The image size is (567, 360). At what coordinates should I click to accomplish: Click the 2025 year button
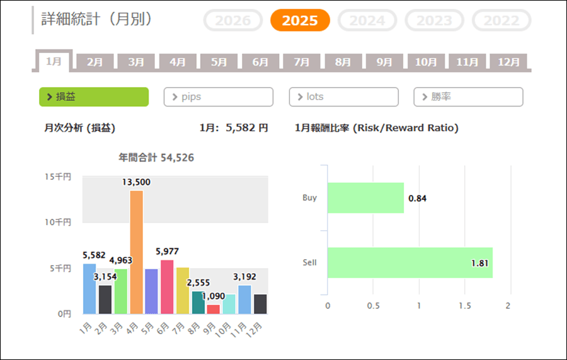[x=300, y=20]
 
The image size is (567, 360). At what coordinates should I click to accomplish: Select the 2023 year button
[x=434, y=20]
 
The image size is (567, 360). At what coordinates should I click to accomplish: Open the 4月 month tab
[x=178, y=62]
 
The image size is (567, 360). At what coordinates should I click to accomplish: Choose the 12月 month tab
[x=508, y=62]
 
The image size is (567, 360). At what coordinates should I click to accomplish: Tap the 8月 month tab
[x=343, y=62]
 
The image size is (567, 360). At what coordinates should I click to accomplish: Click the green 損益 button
[x=94, y=97]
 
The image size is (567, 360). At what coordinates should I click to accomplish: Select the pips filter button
[x=218, y=97]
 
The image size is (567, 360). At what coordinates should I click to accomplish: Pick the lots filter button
[x=343, y=97]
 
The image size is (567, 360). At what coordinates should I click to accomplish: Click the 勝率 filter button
[x=468, y=97]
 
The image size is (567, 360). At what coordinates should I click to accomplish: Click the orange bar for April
[x=136, y=252]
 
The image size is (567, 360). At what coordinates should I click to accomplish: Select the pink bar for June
[x=167, y=287]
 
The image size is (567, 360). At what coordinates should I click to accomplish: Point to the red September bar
[x=214, y=309]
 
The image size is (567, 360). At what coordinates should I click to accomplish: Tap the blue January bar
[x=89, y=289]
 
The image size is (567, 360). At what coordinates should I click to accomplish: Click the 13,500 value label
[x=136, y=182]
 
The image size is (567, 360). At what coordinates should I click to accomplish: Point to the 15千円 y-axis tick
[x=62, y=177]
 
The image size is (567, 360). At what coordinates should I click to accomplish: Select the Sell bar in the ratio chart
[x=409, y=263]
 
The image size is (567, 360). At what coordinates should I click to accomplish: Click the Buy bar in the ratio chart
[x=365, y=198]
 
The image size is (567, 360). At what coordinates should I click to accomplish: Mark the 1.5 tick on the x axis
[x=465, y=306]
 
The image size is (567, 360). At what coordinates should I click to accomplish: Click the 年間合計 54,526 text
[x=156, y=158]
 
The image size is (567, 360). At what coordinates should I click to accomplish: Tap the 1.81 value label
[x=480, y=263]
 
